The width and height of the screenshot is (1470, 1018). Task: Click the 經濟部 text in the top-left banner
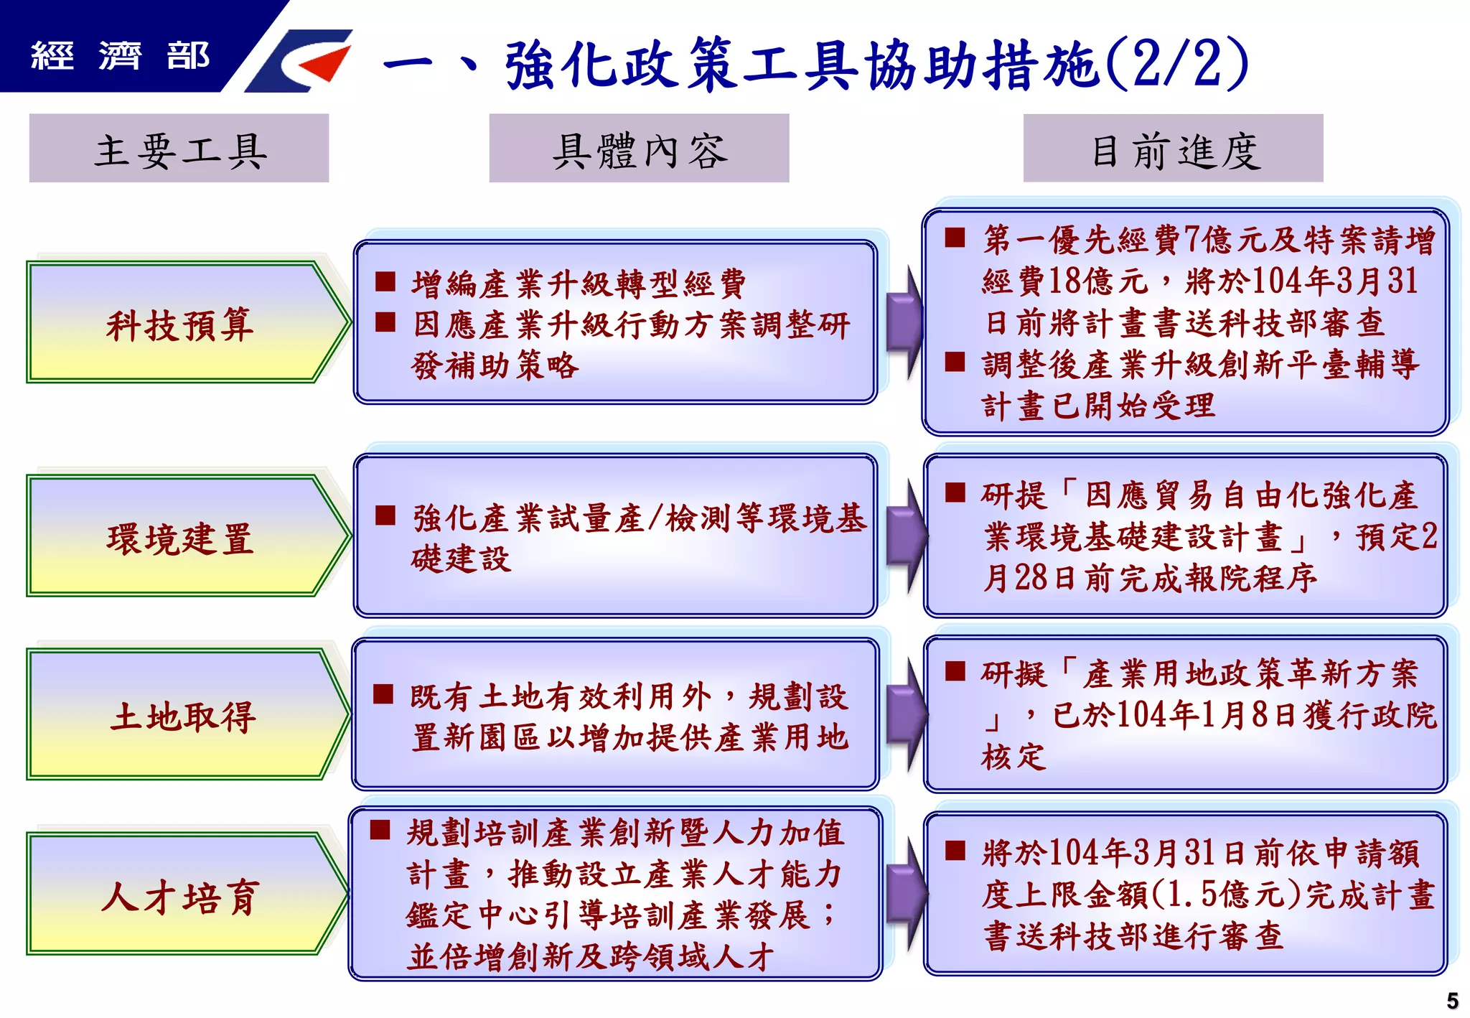click(x=120, y=55)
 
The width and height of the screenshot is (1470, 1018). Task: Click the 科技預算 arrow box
click(x=179, y=323)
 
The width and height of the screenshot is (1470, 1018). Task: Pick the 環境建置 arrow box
click(x=179, y=537)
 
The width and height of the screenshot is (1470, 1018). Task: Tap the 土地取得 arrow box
click(x=179, y=715)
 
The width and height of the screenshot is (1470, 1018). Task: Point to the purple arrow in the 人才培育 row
click(x=906, y=894)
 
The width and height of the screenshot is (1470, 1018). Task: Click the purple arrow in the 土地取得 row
click(x=906, y=715)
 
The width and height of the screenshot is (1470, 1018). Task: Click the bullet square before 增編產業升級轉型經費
click(x=385, y=281)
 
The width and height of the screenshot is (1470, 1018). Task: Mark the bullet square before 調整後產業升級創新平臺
click(x=955, y=361)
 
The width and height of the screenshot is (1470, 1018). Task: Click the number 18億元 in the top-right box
click(x=1097, y=281)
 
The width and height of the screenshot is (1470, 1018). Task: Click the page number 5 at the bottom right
click(x=1452, y=1000)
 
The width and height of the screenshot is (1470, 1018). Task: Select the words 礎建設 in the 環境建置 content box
click(x=461, y=559)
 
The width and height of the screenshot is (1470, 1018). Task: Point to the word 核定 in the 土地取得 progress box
click(x=1013, y=757)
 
